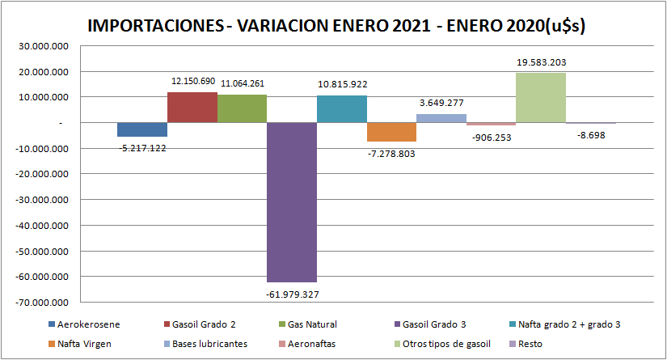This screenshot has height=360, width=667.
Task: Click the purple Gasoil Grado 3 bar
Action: [292, 201]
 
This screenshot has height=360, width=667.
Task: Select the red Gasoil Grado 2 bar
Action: [192, 108]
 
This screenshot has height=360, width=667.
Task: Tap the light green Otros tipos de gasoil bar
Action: [540, 98]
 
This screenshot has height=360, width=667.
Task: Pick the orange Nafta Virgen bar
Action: [391, 132]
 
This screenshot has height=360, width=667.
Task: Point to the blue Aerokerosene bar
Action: [142, 129]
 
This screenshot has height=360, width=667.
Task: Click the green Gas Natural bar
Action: [242, 108]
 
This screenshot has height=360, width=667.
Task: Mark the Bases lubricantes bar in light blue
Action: [441, 118]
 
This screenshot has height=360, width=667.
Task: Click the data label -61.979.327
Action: [292, 294]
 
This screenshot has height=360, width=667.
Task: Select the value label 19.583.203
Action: [540, 61]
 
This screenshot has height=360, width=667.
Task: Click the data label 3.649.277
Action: [441, 103]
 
